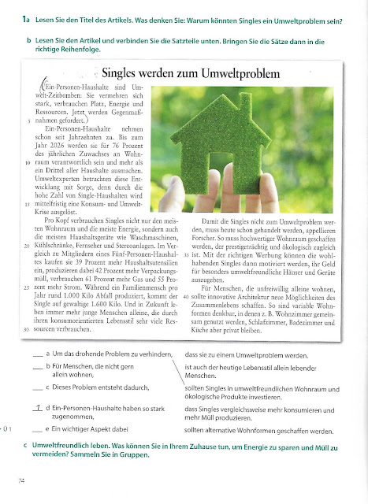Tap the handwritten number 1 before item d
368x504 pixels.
pos(38,409)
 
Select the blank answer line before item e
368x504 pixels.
pos(38,430)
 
